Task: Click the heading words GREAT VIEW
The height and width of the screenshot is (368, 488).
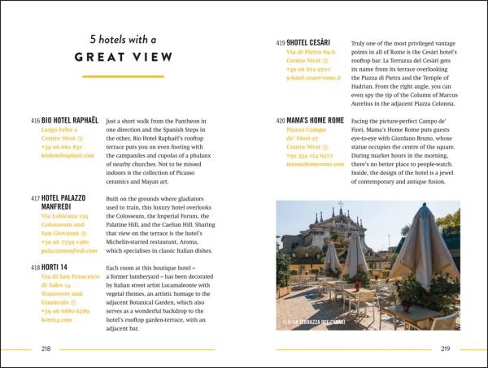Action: pos(124,57)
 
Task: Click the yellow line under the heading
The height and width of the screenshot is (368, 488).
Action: pos(124,76)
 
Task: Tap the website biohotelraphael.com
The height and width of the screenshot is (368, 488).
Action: pos(73,155)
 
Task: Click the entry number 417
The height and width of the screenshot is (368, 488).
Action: pos(35,198)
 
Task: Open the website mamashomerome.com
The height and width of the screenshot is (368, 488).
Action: pos(321,164)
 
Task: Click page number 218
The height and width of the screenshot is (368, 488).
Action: pos(47,349)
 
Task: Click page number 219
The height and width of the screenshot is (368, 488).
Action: pos(444,349)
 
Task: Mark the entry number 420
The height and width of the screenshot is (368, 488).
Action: pos(281,120)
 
